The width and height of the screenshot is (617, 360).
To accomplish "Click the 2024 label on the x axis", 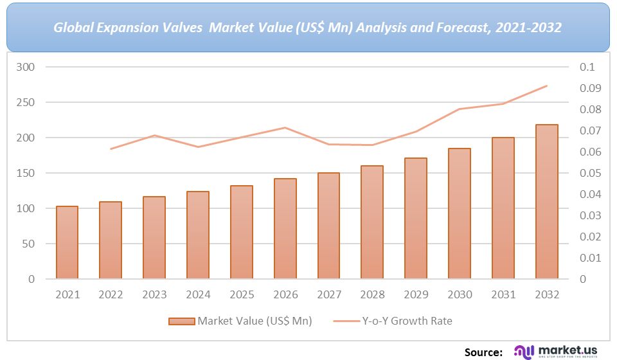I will [198, 294].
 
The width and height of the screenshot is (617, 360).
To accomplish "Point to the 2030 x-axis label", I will [460, 294].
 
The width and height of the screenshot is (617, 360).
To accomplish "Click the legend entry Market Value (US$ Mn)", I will [240, 321].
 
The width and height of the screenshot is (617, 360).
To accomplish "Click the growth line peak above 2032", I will [546, 85].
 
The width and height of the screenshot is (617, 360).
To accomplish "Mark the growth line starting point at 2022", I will [111, 149].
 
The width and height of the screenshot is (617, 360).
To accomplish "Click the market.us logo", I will [555, 351].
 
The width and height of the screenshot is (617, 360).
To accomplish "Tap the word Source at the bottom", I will [483, 352].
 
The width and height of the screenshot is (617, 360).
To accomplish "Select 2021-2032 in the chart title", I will [531, 28].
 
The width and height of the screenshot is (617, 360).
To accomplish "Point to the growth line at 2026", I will [285, 127].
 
